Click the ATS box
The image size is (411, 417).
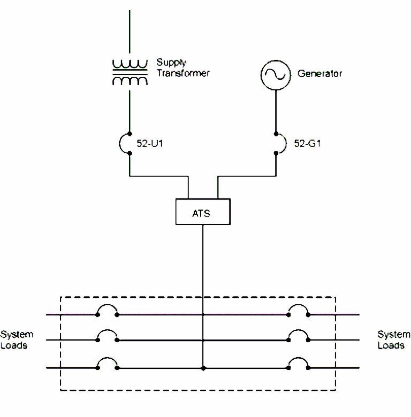tap(203, 212)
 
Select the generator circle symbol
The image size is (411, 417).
tap(275, 75)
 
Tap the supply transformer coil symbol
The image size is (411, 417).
tap(130, 73)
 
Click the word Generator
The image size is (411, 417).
tap(319, 74)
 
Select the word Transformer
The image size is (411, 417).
tap(182, 73)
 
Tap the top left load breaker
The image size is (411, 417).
tap(107, 312)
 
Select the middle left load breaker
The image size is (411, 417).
tap(107, 336)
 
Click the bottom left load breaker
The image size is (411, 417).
tap(107, 365)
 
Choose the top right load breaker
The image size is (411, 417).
tap(298, 312)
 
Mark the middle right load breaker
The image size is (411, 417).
tap(298, 336)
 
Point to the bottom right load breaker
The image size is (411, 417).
tap(298, 365)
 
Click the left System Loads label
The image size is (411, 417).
tap(17, 340)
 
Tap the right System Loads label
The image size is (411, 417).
tap(394, 340)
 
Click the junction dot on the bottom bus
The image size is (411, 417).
tap(203, 368)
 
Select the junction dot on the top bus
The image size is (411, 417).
tap(203, 315)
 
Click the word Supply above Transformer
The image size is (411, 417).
tap(169, 63)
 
